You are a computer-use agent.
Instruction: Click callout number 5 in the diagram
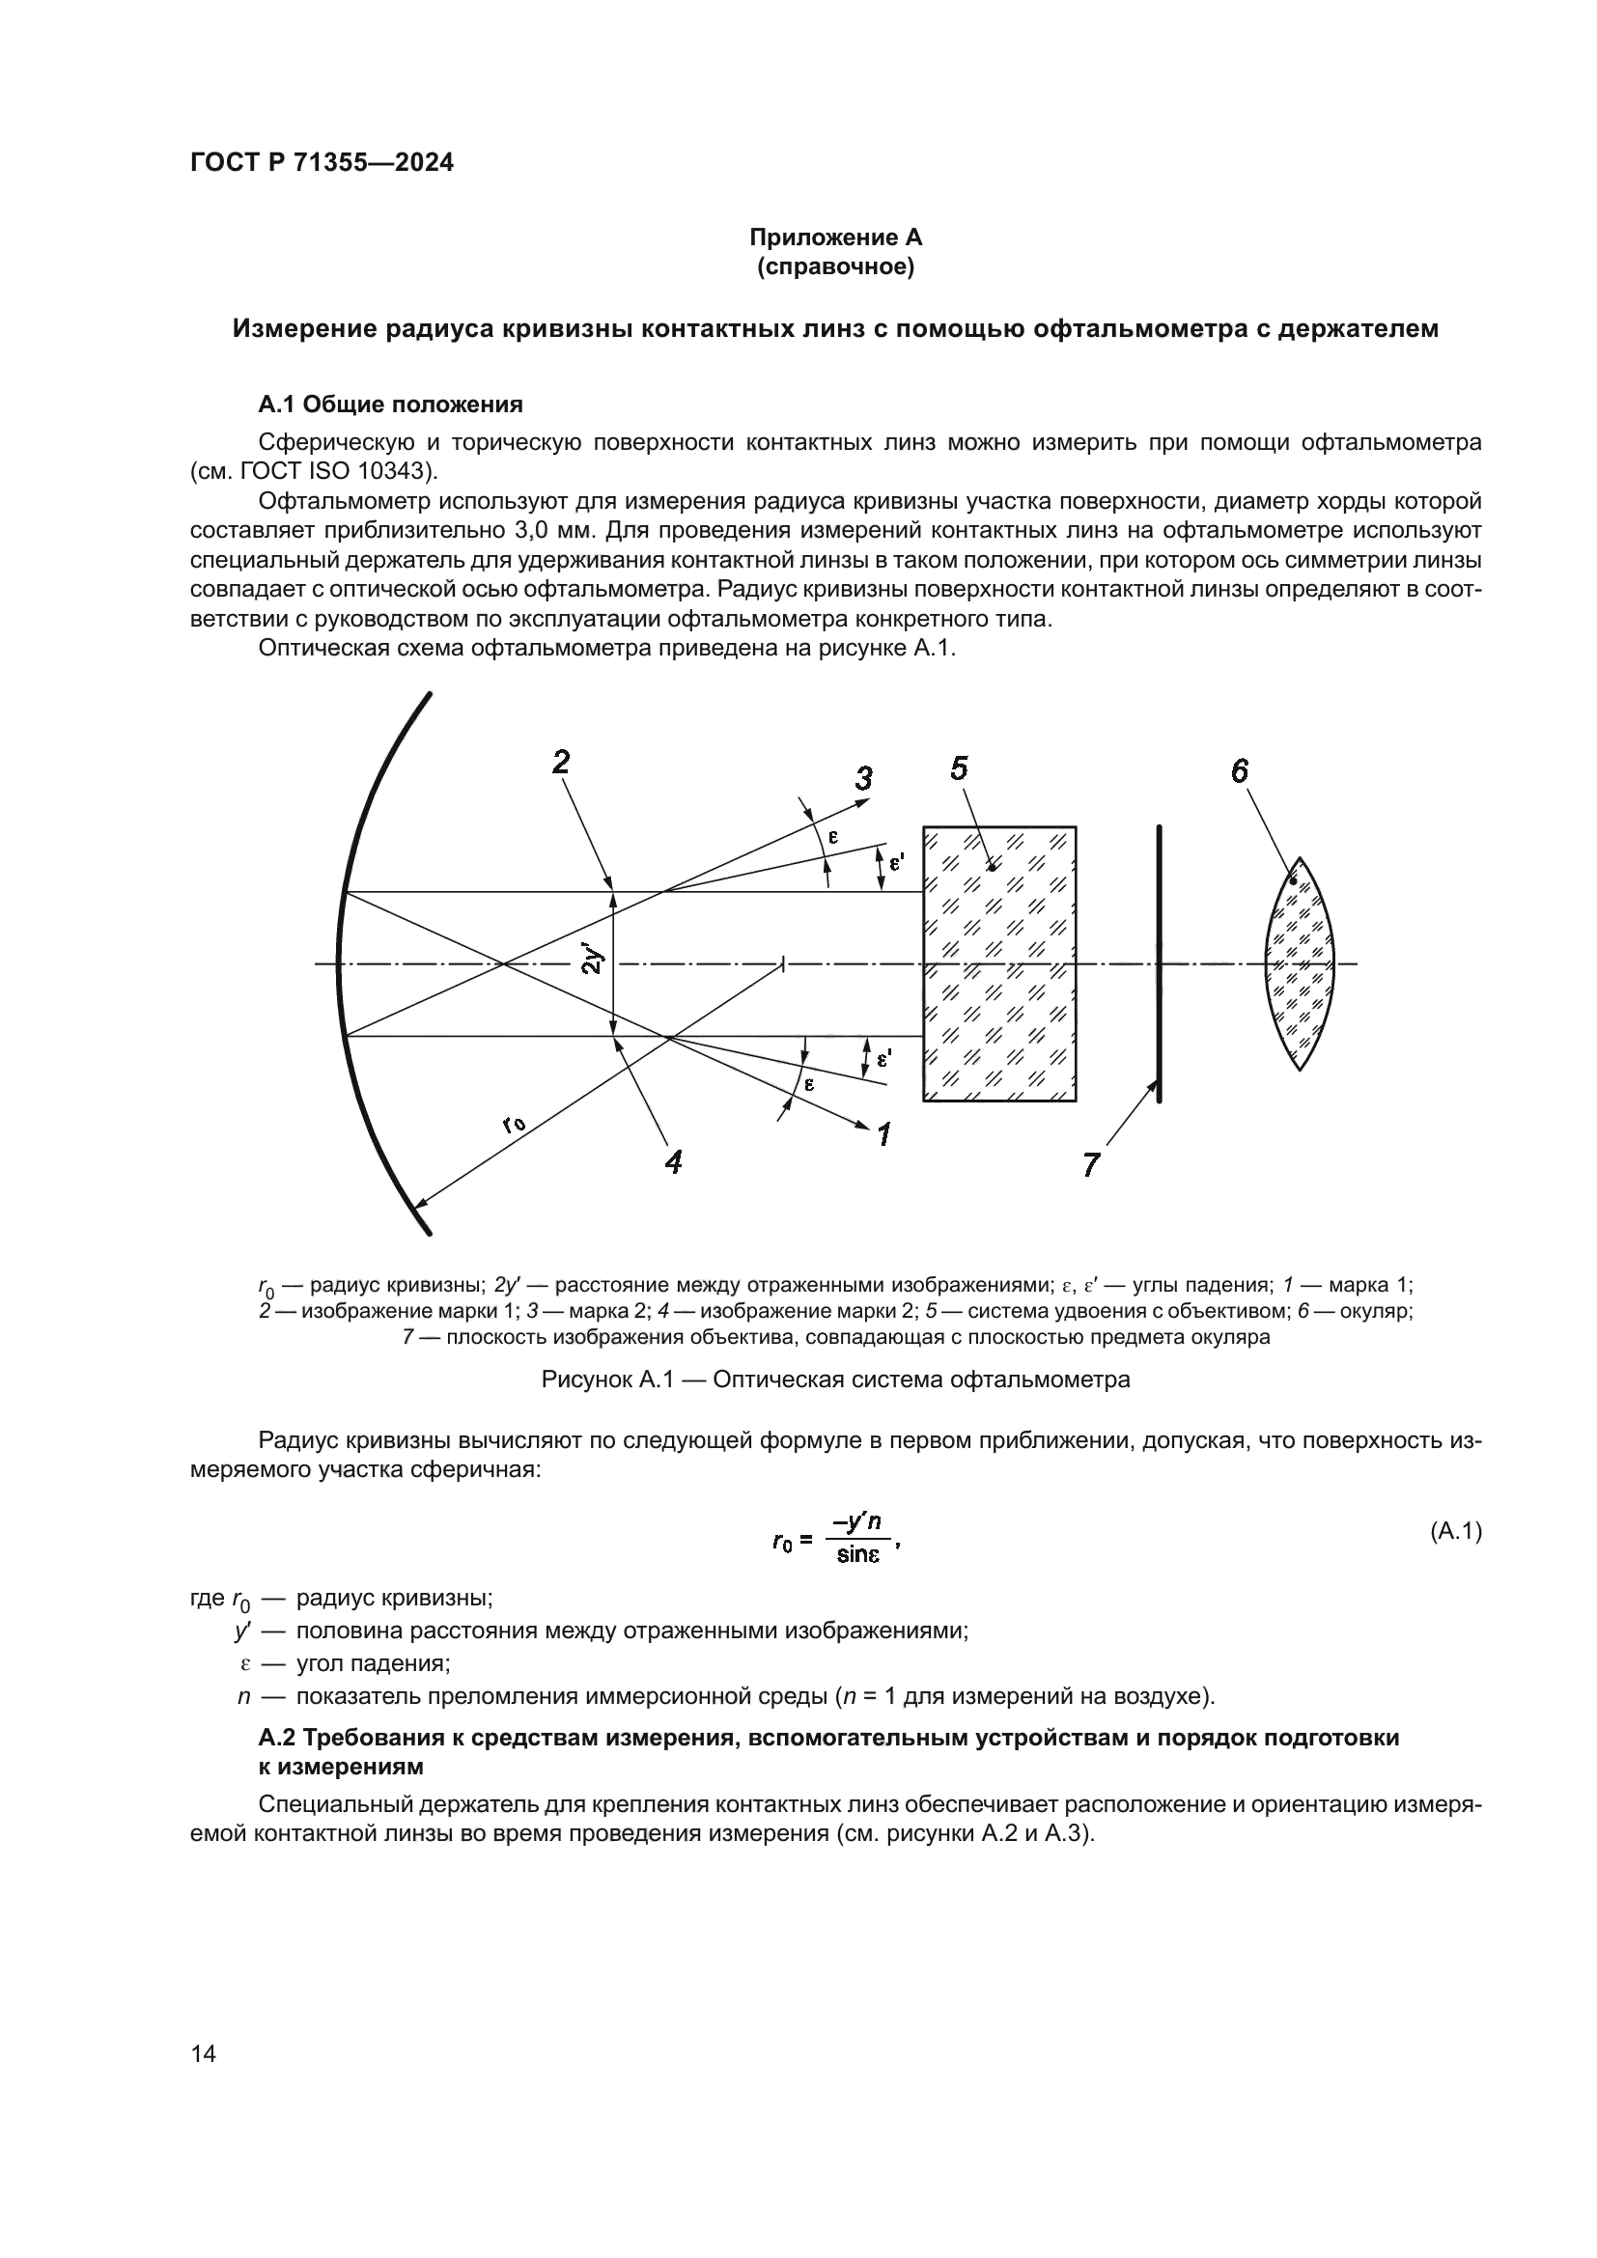(x=960, y=768)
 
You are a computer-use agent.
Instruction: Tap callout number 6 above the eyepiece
(x=1239, y=771)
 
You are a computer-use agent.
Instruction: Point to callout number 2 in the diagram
(x=562, y=763)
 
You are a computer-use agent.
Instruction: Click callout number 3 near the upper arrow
(x=862, y=779)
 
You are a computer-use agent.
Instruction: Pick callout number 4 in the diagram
(x=673, y=1162)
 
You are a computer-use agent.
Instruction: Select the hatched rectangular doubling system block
(x=999, y=963)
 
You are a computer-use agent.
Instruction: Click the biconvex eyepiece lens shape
(x=1300, y=963)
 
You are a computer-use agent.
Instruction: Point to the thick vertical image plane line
(x=1160, y=963)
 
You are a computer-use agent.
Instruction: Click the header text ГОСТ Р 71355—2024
(x=322, y=163)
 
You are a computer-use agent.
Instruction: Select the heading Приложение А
(x=836, y=237)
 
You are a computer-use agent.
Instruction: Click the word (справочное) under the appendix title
(x=836, y=267)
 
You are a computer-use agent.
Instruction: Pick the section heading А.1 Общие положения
(x=390, y=404)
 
